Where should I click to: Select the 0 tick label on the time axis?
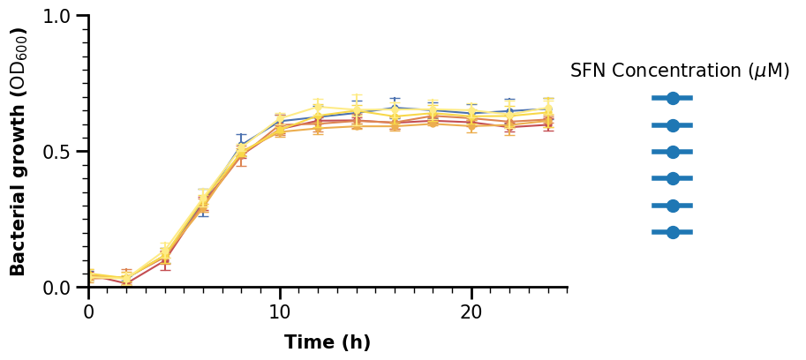click(88, 312)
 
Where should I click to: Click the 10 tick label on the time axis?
click(280, 312)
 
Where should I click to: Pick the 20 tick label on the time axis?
click(471, 312)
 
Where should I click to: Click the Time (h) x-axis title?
click(328, 342)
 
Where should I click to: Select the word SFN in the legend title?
click(588, 71)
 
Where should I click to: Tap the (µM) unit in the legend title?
click(768, 71)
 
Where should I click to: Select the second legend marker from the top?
click(673, 125)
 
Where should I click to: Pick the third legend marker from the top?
click(673, 152)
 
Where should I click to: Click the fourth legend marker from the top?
click(673, 179)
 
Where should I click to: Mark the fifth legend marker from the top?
click(673, 206)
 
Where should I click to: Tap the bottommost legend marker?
click(673, 232)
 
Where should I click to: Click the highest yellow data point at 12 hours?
click(319, 108)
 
